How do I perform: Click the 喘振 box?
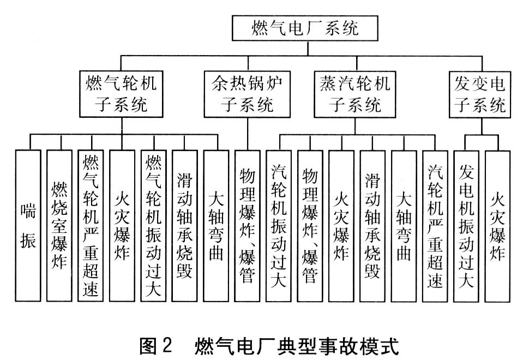[28, 225]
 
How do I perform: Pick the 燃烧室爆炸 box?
[59, 225]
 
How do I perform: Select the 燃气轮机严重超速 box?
[91, 225]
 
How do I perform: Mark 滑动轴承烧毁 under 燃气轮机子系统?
[184, 225]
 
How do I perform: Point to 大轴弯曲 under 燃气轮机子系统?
[216, 225]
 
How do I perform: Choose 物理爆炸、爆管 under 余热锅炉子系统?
[248, 225]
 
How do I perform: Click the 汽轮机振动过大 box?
[279, 225]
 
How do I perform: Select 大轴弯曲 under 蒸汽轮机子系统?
[404, 225]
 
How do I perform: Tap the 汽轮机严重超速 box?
[435, 225]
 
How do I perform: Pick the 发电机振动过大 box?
[467, 225]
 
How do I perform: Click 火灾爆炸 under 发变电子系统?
[498, 225]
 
